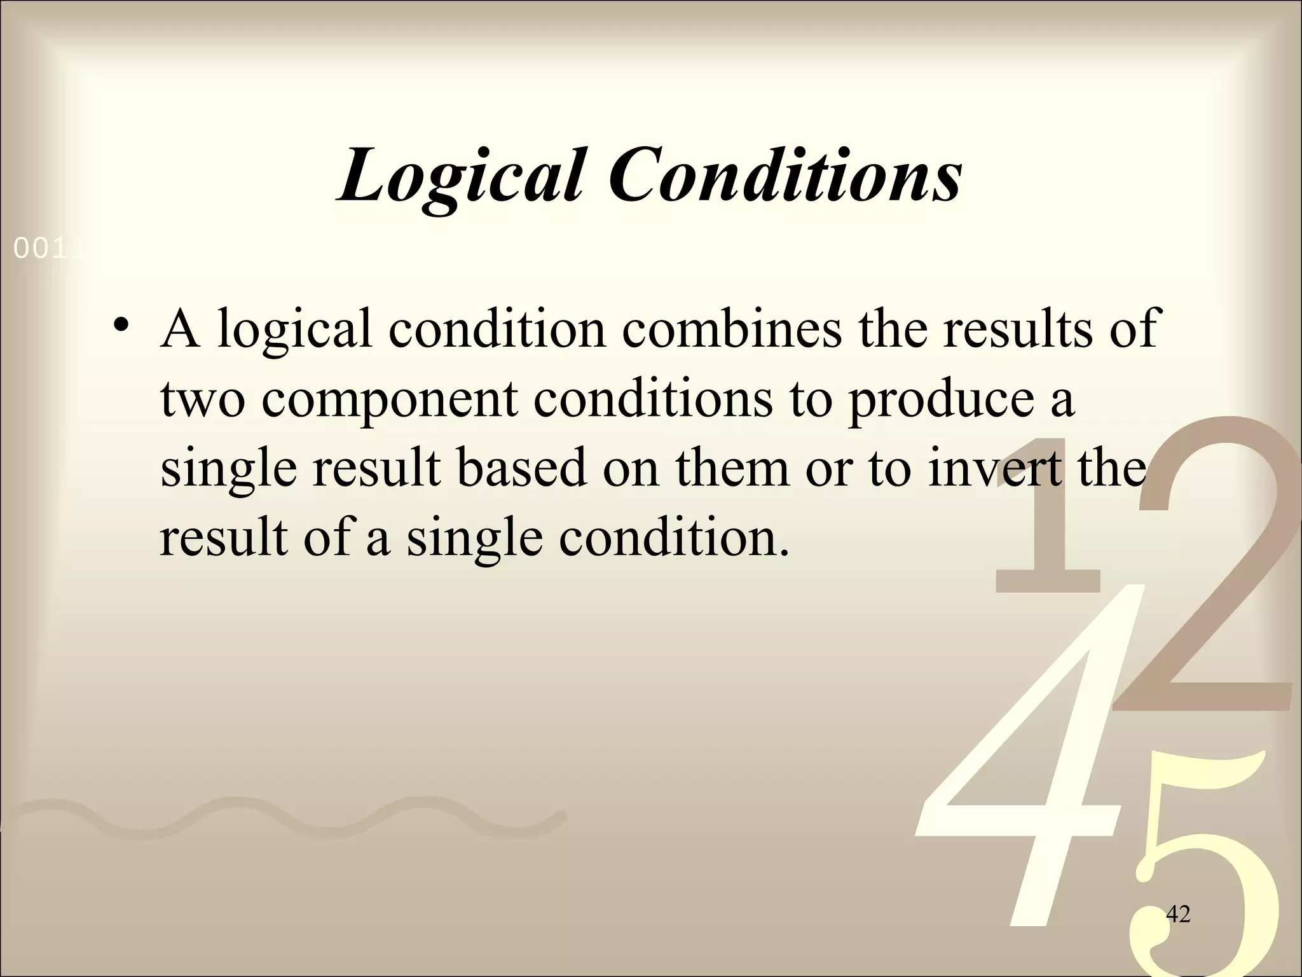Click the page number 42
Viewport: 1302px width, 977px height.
pos(1178,915)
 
